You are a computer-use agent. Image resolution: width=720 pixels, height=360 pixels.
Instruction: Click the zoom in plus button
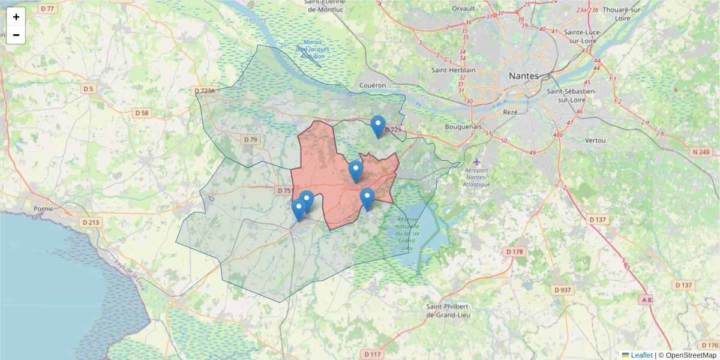pos(16,17)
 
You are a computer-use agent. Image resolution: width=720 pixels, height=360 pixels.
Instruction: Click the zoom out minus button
pos(16,35)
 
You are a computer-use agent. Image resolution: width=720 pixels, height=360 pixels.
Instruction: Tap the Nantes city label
pos(524,76)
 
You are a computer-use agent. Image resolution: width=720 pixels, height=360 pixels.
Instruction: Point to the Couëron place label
pos(373,85)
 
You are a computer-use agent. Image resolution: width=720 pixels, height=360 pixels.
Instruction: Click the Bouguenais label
pos(464,127)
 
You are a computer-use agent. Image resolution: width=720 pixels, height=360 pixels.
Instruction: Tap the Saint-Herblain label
pos(453,70)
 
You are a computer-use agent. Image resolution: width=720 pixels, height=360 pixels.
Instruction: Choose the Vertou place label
pos(595,140)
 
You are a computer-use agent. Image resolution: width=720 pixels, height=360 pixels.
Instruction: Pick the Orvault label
pos(463,9)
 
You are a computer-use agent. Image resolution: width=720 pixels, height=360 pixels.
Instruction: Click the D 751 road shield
pos(284,190)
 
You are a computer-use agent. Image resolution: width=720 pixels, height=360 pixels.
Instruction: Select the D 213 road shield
pos(91,222)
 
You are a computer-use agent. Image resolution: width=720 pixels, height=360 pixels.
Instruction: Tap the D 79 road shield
pos(250,139)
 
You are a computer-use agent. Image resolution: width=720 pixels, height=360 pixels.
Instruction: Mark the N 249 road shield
pos(700,152)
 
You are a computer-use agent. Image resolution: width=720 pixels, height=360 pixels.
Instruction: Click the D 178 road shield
pos(515,251)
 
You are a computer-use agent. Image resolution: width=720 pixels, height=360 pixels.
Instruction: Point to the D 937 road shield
pos(562,290)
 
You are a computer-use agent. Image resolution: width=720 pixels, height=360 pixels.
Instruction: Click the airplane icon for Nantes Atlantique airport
pos(476,162)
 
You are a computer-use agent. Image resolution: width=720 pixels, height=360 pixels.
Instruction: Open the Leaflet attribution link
pos(641,355)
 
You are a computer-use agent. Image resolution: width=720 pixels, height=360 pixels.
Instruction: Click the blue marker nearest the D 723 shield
pos(377,125)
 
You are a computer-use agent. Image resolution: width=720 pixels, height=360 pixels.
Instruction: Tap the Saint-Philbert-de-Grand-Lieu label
pos(448,310)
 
